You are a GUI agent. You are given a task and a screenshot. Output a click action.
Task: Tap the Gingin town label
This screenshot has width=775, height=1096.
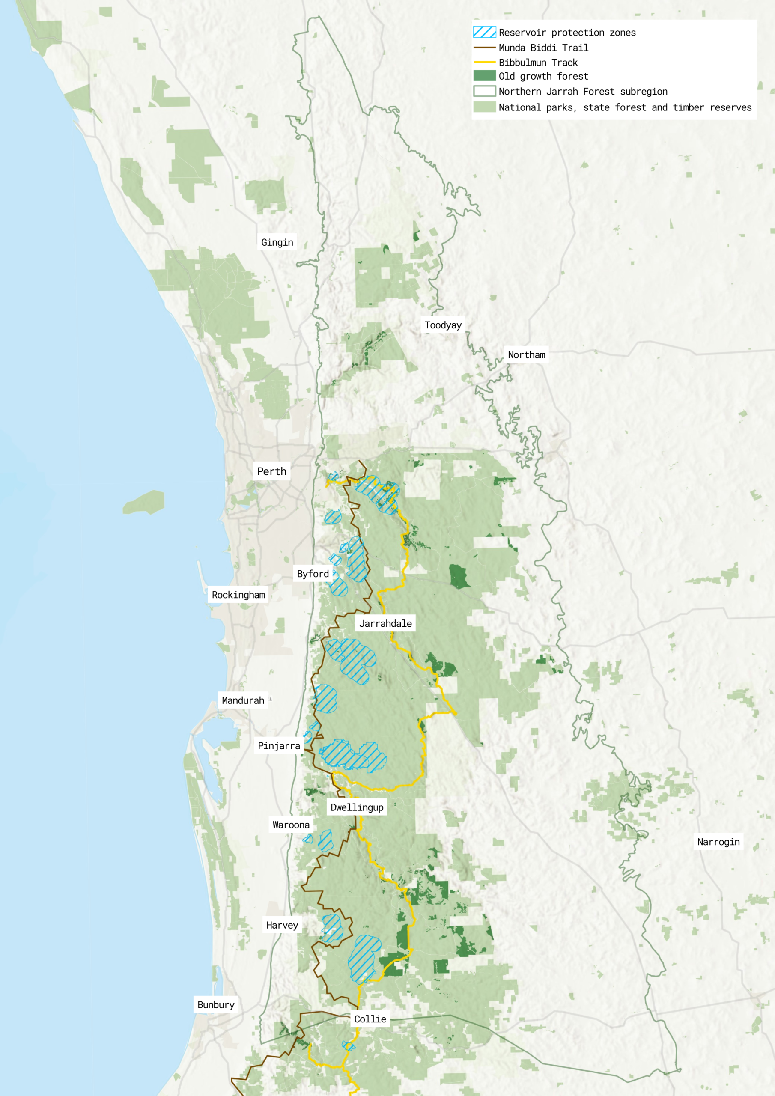[x=277, y=242]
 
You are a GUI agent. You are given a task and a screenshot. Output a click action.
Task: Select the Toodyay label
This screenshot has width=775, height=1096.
[x=443, y=325]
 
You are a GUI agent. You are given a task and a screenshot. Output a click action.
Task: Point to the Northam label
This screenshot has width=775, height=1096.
[x=526, y=354]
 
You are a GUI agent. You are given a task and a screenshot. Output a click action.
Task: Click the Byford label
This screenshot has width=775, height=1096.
[x=313, y=574]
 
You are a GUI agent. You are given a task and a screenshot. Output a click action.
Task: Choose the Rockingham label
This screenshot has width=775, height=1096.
[x=238, y=595]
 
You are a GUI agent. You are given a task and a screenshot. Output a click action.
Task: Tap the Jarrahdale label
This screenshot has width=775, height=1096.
[x=385, y=623]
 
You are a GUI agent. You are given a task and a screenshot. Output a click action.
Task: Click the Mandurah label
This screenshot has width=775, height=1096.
[x=243, y=700]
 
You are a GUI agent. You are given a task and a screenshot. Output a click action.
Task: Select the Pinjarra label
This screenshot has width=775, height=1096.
[x=279, y=746]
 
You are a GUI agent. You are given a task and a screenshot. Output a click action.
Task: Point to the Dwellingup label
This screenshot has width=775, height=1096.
[x=357, y=807]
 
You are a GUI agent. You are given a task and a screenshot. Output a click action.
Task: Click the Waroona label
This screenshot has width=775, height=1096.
[x=291, y=825]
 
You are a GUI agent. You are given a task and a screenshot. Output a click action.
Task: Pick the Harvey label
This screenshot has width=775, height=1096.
[x=282, y=925]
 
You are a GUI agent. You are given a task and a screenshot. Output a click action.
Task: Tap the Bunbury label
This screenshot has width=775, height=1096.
[x=216, y=1004]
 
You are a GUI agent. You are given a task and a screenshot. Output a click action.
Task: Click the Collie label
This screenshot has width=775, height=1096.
[x=370, y=1019]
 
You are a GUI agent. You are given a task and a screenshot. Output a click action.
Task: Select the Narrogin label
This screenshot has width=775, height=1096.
[x=718, y=842]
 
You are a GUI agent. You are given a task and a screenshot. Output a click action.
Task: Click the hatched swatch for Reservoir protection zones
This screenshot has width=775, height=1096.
[x=484, y=32]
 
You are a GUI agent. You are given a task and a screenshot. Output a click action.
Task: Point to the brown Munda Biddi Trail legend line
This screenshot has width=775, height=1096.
[x=484, y=47]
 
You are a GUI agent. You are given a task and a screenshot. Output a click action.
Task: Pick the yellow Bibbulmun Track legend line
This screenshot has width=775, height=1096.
[x=484, y=62]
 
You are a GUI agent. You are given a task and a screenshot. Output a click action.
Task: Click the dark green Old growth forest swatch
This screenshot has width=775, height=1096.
[x=484, y=76]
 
